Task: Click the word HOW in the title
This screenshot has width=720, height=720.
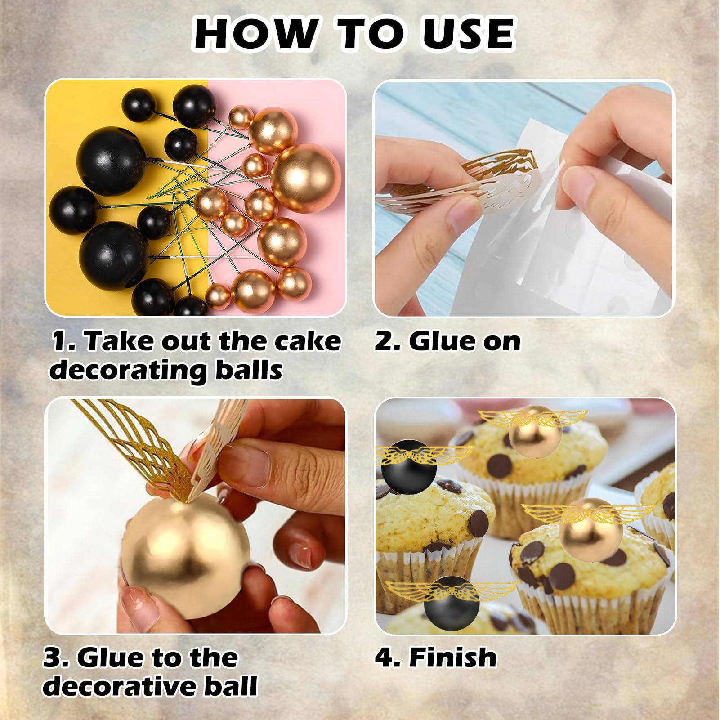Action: click(255, 33)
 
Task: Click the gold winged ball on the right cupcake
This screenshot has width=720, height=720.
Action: click(587, 523)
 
